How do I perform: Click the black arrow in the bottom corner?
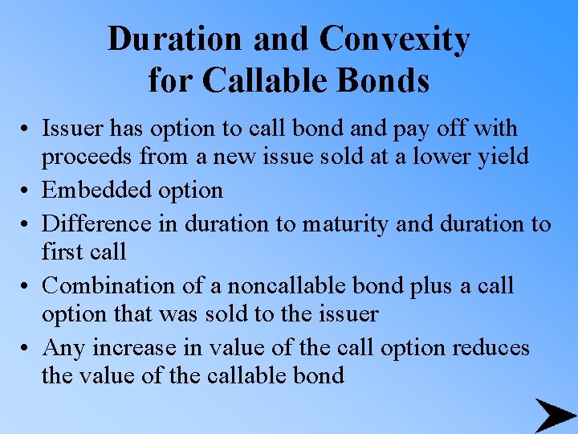tap(555, 416)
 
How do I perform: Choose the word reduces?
tap(490, 347)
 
